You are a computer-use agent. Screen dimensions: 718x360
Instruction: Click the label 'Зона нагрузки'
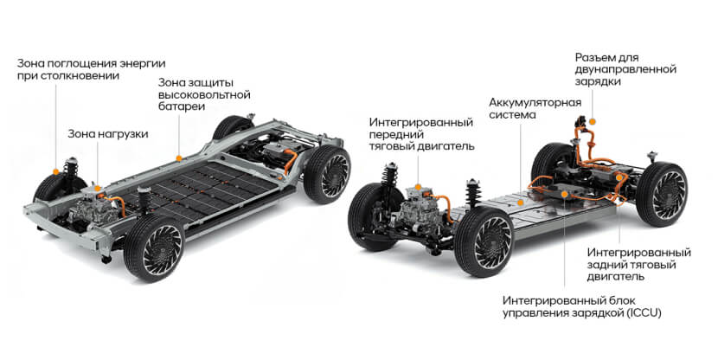[x=108, y=134]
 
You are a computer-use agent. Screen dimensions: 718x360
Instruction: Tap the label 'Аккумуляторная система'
[x=535, y=108]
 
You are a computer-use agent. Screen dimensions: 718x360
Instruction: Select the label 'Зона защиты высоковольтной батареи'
[x=204, y=94]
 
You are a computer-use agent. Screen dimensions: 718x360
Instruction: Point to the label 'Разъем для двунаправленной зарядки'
[x=625, y=69]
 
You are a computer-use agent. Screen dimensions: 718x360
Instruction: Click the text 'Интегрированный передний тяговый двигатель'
[x=422, y=134]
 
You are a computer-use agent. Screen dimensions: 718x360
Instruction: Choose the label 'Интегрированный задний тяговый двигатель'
[x=638, y=265]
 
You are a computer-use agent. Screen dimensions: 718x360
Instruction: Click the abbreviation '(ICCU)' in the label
[x=644, y=313]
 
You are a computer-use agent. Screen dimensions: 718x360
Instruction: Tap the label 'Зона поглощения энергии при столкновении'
[x=91, y=69]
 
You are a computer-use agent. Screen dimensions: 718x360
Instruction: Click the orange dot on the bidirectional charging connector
[x=592, y=121]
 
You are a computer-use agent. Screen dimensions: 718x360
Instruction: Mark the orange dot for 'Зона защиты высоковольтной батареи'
[x=179, y=158]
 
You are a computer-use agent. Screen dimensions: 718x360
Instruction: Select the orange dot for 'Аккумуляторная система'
[x=520, y=202]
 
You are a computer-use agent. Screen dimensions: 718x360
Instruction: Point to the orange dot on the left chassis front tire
[x=56, y=171]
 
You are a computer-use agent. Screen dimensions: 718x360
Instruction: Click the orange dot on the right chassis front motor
[x=418, y=187]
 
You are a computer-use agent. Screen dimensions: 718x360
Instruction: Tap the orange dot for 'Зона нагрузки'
[x=98, y=188]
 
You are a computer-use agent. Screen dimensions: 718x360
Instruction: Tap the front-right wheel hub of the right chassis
[x=492, y=241]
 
